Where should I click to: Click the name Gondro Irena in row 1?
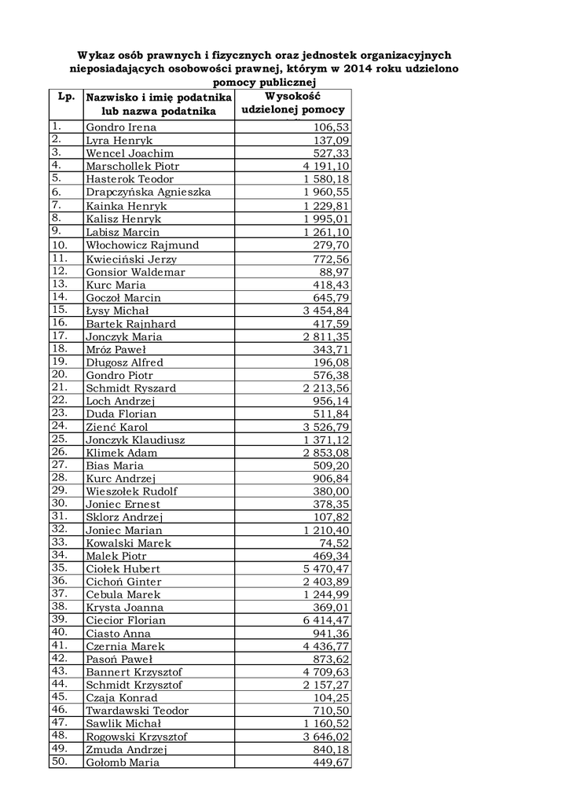(x=121, y=127)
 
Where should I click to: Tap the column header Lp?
(x=66, y=97)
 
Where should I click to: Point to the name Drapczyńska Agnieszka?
(x=148, y=193)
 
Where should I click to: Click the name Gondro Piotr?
(x=119, y=375)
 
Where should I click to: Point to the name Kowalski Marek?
(x=128, y=543)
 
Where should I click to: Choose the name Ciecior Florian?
(x=126, y=621)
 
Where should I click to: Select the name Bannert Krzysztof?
(x=134, y=672)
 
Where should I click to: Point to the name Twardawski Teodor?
(x=138, y=711)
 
